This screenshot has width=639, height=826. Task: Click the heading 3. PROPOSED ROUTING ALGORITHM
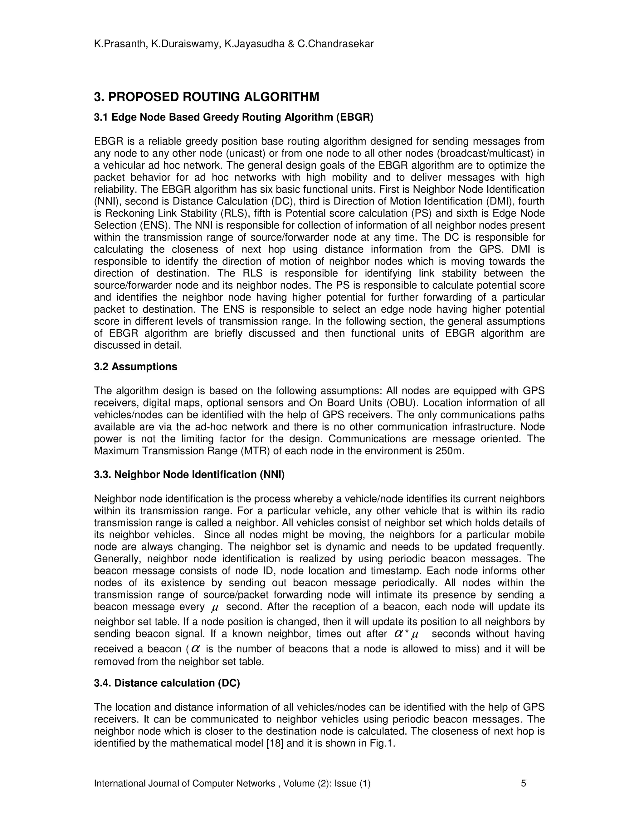point(206,97)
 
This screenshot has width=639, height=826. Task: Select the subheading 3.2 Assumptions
point(135,367)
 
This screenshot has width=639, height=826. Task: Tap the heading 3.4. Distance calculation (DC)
point(167,683)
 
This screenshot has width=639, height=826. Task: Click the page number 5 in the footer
point(524,783)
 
